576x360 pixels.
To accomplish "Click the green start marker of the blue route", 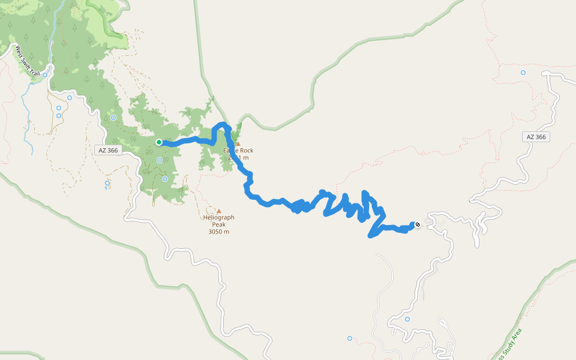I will click(159, 142).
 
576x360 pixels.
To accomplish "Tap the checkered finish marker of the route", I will click(417, 225).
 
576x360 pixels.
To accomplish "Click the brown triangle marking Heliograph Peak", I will click(218, 211).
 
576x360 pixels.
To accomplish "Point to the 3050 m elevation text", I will click(218, 232).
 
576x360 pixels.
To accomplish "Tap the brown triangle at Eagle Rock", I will click(238, 144).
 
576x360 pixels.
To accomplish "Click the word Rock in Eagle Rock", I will click(245, 151).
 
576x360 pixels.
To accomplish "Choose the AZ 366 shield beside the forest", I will click(109, 150).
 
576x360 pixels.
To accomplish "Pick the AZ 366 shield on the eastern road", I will click(536, 137).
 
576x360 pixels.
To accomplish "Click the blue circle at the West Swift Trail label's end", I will click(45, 75).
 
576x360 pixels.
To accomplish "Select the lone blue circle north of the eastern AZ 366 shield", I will click(523, 73).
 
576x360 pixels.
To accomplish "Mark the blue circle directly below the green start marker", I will click(159, 160).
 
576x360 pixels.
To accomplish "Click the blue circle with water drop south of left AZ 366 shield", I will click(107, 183).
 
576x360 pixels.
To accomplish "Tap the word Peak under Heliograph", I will click(218, 224).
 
